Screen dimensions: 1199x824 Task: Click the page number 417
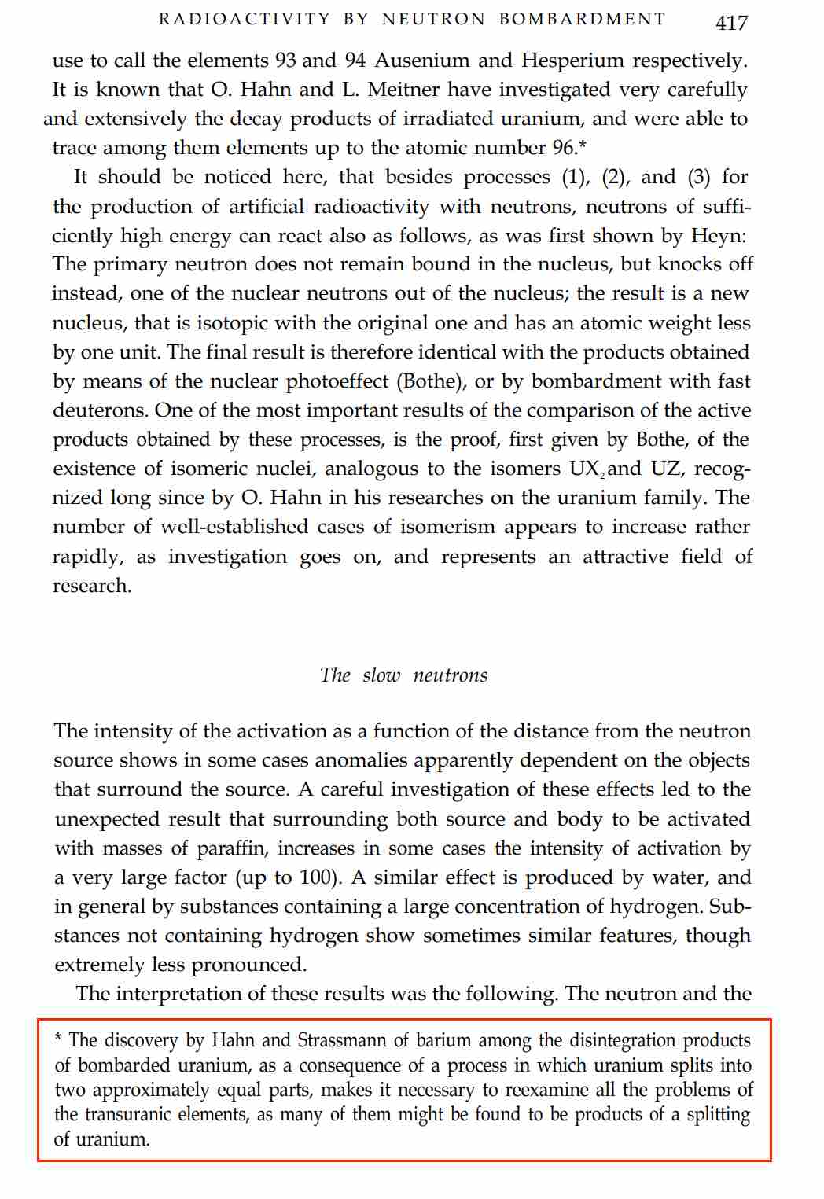(731, 23)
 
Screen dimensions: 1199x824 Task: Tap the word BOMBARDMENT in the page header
(582, 19)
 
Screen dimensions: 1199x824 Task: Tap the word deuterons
(99, 410)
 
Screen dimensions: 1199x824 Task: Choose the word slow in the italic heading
(381, 675)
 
